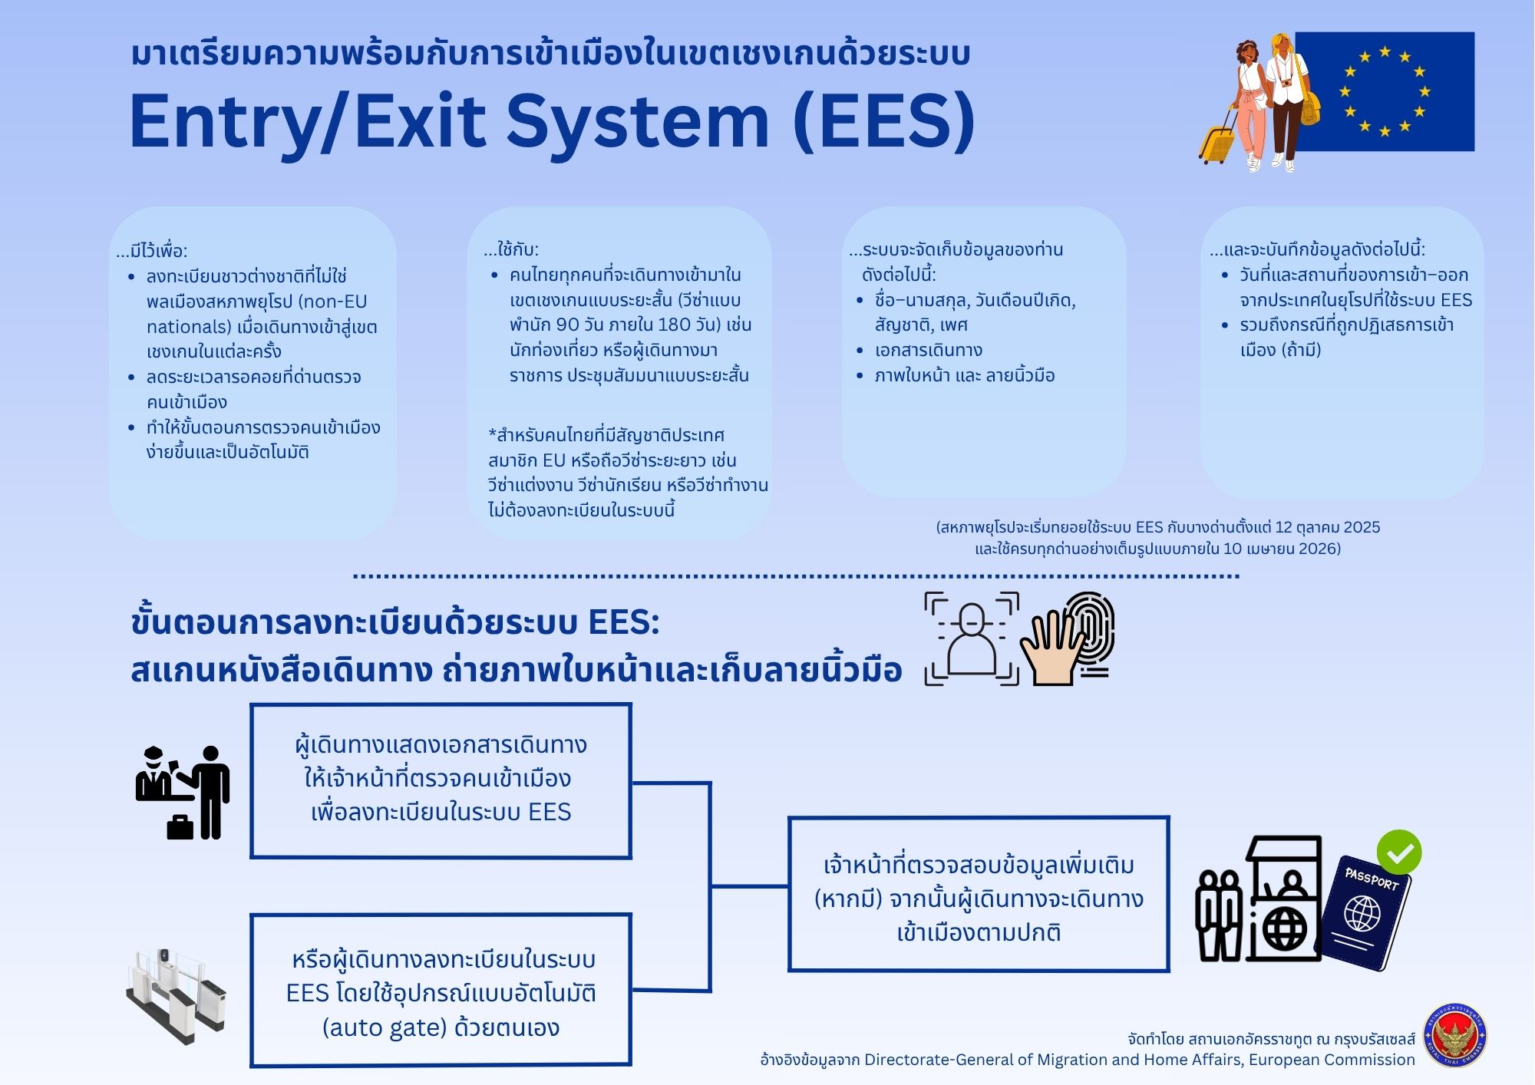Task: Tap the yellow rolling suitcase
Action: click(x=1216, y=142)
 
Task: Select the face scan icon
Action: click(x=972, y=638)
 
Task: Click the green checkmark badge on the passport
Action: click(x=1398, y=852)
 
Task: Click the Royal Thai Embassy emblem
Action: click(x=1454, y=1036)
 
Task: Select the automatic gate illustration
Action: click(x=176, y=995)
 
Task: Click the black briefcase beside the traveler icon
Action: click(x=180, y=827)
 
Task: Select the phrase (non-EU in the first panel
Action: click(x=326, y=302)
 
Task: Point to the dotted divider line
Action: click(x=796, y=575)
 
